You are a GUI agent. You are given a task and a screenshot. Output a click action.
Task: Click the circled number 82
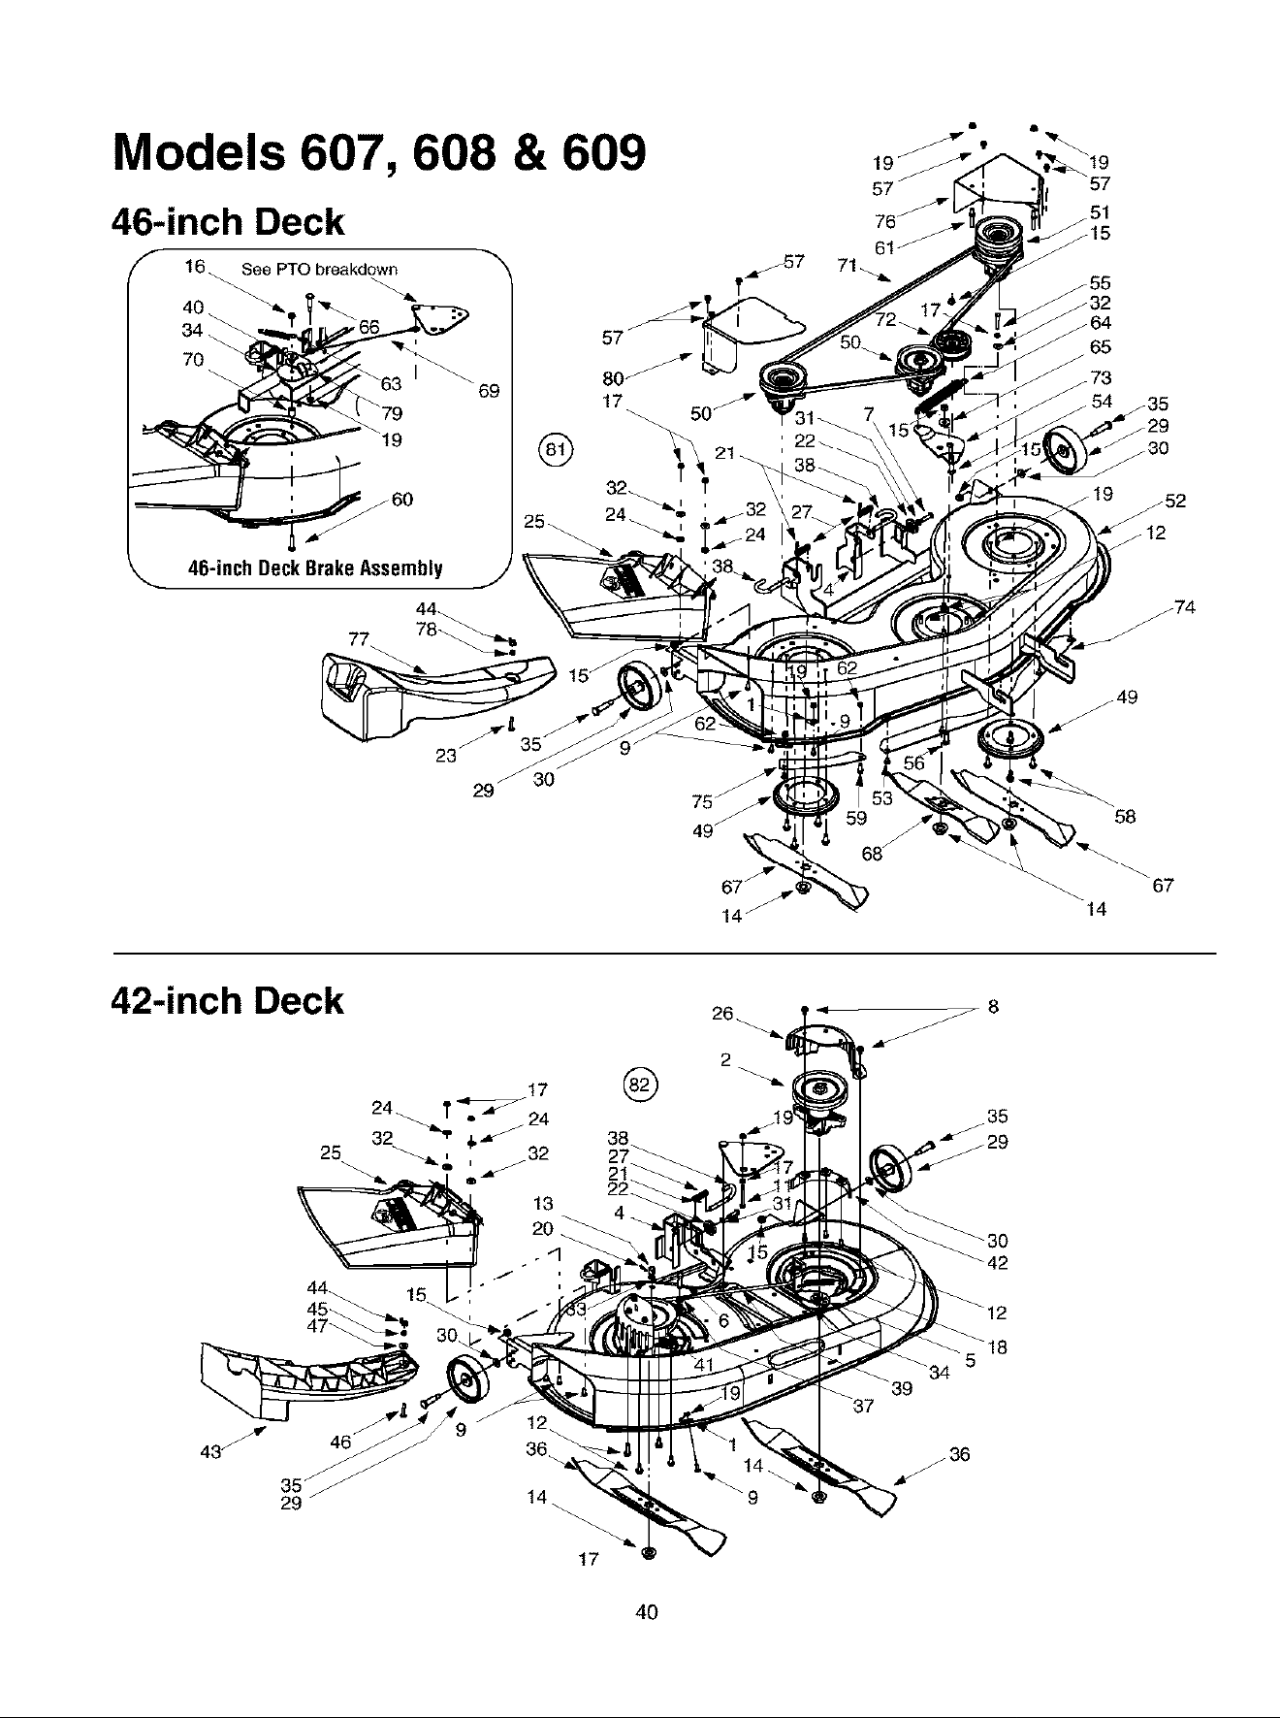tap(640, 1085)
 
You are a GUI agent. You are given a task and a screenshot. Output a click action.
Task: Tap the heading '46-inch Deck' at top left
tap(229, 222)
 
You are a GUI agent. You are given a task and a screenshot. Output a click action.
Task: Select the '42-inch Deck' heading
tap(229, 1000)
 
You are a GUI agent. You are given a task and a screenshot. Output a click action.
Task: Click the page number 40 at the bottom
tap(646, 1611)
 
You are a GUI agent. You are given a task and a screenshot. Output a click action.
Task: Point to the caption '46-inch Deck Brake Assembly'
tap(315, 568)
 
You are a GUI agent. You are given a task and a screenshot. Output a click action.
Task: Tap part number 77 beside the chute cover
tap(360, 638)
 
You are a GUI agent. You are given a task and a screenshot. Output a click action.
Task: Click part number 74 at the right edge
tap(1184, 608)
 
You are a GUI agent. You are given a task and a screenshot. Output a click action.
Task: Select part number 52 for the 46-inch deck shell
tap(1175, 502)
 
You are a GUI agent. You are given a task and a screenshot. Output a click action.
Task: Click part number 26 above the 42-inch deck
tap(722, 1014)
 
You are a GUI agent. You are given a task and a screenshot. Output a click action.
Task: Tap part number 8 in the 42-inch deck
tap(993, 1007)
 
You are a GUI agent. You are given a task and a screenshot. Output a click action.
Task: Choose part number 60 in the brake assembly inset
tap(401, 500)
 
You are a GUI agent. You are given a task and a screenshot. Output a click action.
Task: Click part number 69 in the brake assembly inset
tap(489, 391)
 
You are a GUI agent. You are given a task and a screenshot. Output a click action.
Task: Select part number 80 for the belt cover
tap(613, 380)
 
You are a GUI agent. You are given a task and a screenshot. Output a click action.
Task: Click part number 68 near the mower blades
tap(872, 854)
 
